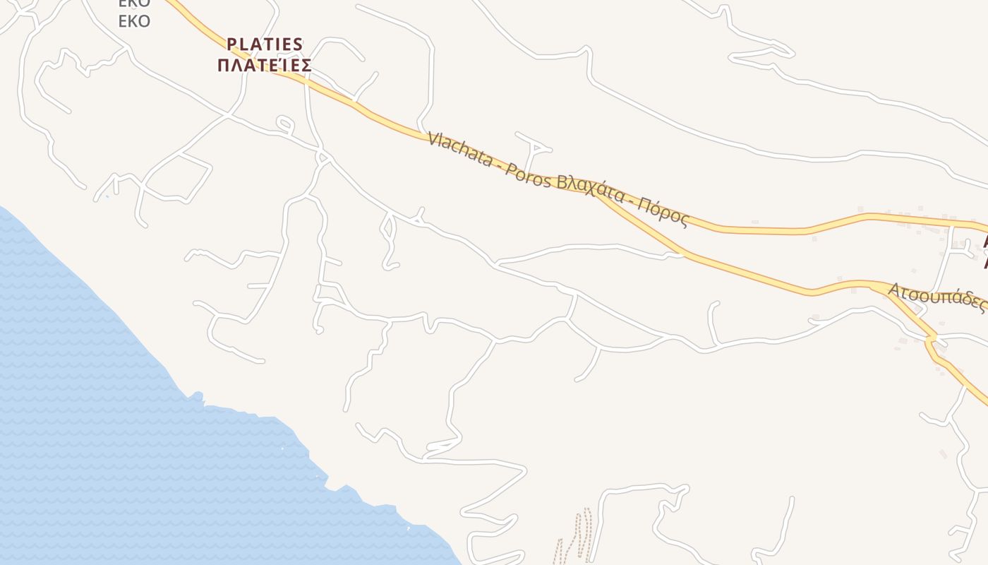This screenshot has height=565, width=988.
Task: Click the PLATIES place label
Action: point(265,44)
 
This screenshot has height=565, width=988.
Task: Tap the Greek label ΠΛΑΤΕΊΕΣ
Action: point(265,66)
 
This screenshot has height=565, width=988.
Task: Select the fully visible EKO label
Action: point(134,21)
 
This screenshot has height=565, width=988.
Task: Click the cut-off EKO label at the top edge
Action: point(134,3)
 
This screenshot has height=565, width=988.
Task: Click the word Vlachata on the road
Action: point(459,149)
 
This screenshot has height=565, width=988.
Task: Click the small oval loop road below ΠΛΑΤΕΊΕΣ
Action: point(284,125)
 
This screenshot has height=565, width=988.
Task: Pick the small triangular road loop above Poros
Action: point(538,147)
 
